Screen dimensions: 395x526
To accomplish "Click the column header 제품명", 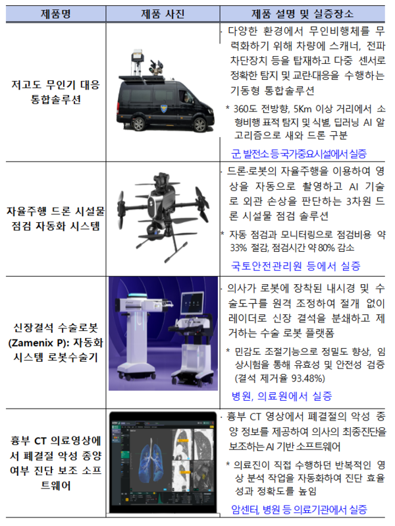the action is (55, 14).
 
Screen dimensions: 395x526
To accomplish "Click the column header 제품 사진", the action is (163, 14).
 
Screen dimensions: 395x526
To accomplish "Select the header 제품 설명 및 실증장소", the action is (302, 14).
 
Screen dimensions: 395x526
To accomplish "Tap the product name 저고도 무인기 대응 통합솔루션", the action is (55, 92).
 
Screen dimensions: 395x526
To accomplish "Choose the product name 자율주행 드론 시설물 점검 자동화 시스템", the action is (55, 218).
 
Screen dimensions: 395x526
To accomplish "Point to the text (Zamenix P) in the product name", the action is (38, 343).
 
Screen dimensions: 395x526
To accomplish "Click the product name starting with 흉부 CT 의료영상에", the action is (55, 463).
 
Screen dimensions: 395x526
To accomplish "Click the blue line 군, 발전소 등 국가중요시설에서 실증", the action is (299, 154).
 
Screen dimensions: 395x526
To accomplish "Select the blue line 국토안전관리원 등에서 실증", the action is (296, 266).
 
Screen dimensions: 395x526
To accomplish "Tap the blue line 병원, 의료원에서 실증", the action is (282, 396).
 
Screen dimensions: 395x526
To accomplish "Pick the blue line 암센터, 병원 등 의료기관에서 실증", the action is (299, 510).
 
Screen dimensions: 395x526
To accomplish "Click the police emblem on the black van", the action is (163, 108).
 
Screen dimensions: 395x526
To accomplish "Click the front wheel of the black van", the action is (199, 125).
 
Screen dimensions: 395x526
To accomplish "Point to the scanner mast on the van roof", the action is (138, 63).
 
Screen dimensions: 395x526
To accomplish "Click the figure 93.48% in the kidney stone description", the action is (308, 379).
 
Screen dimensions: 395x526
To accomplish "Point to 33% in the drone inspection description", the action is (238, 248).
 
